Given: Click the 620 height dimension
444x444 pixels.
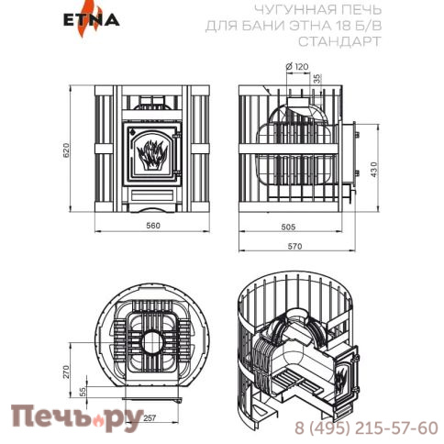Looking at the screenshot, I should click(64, 151).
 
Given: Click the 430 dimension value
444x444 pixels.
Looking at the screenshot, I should click(372, 171).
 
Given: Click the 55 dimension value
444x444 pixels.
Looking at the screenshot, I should click(80, 392).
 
